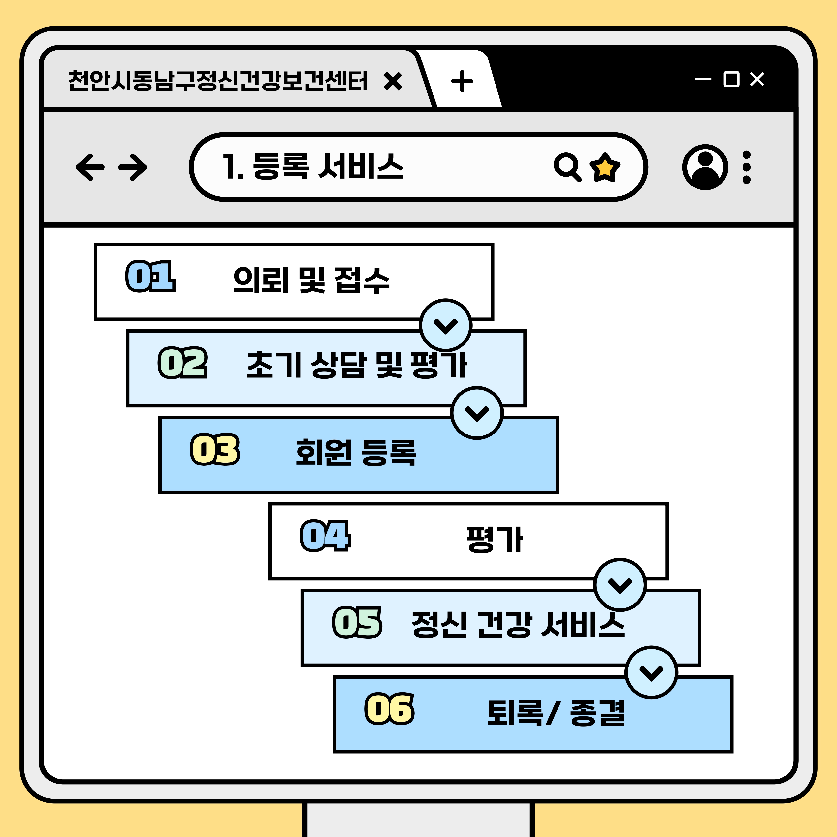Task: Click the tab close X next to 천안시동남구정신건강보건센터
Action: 393,81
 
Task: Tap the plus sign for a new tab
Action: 462,81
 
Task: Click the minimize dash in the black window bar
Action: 703,79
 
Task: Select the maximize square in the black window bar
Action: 731,79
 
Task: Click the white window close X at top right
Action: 757,79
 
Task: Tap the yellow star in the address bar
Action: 605,167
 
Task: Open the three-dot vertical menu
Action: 746,167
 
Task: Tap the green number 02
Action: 182,363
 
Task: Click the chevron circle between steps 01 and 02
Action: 445,325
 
